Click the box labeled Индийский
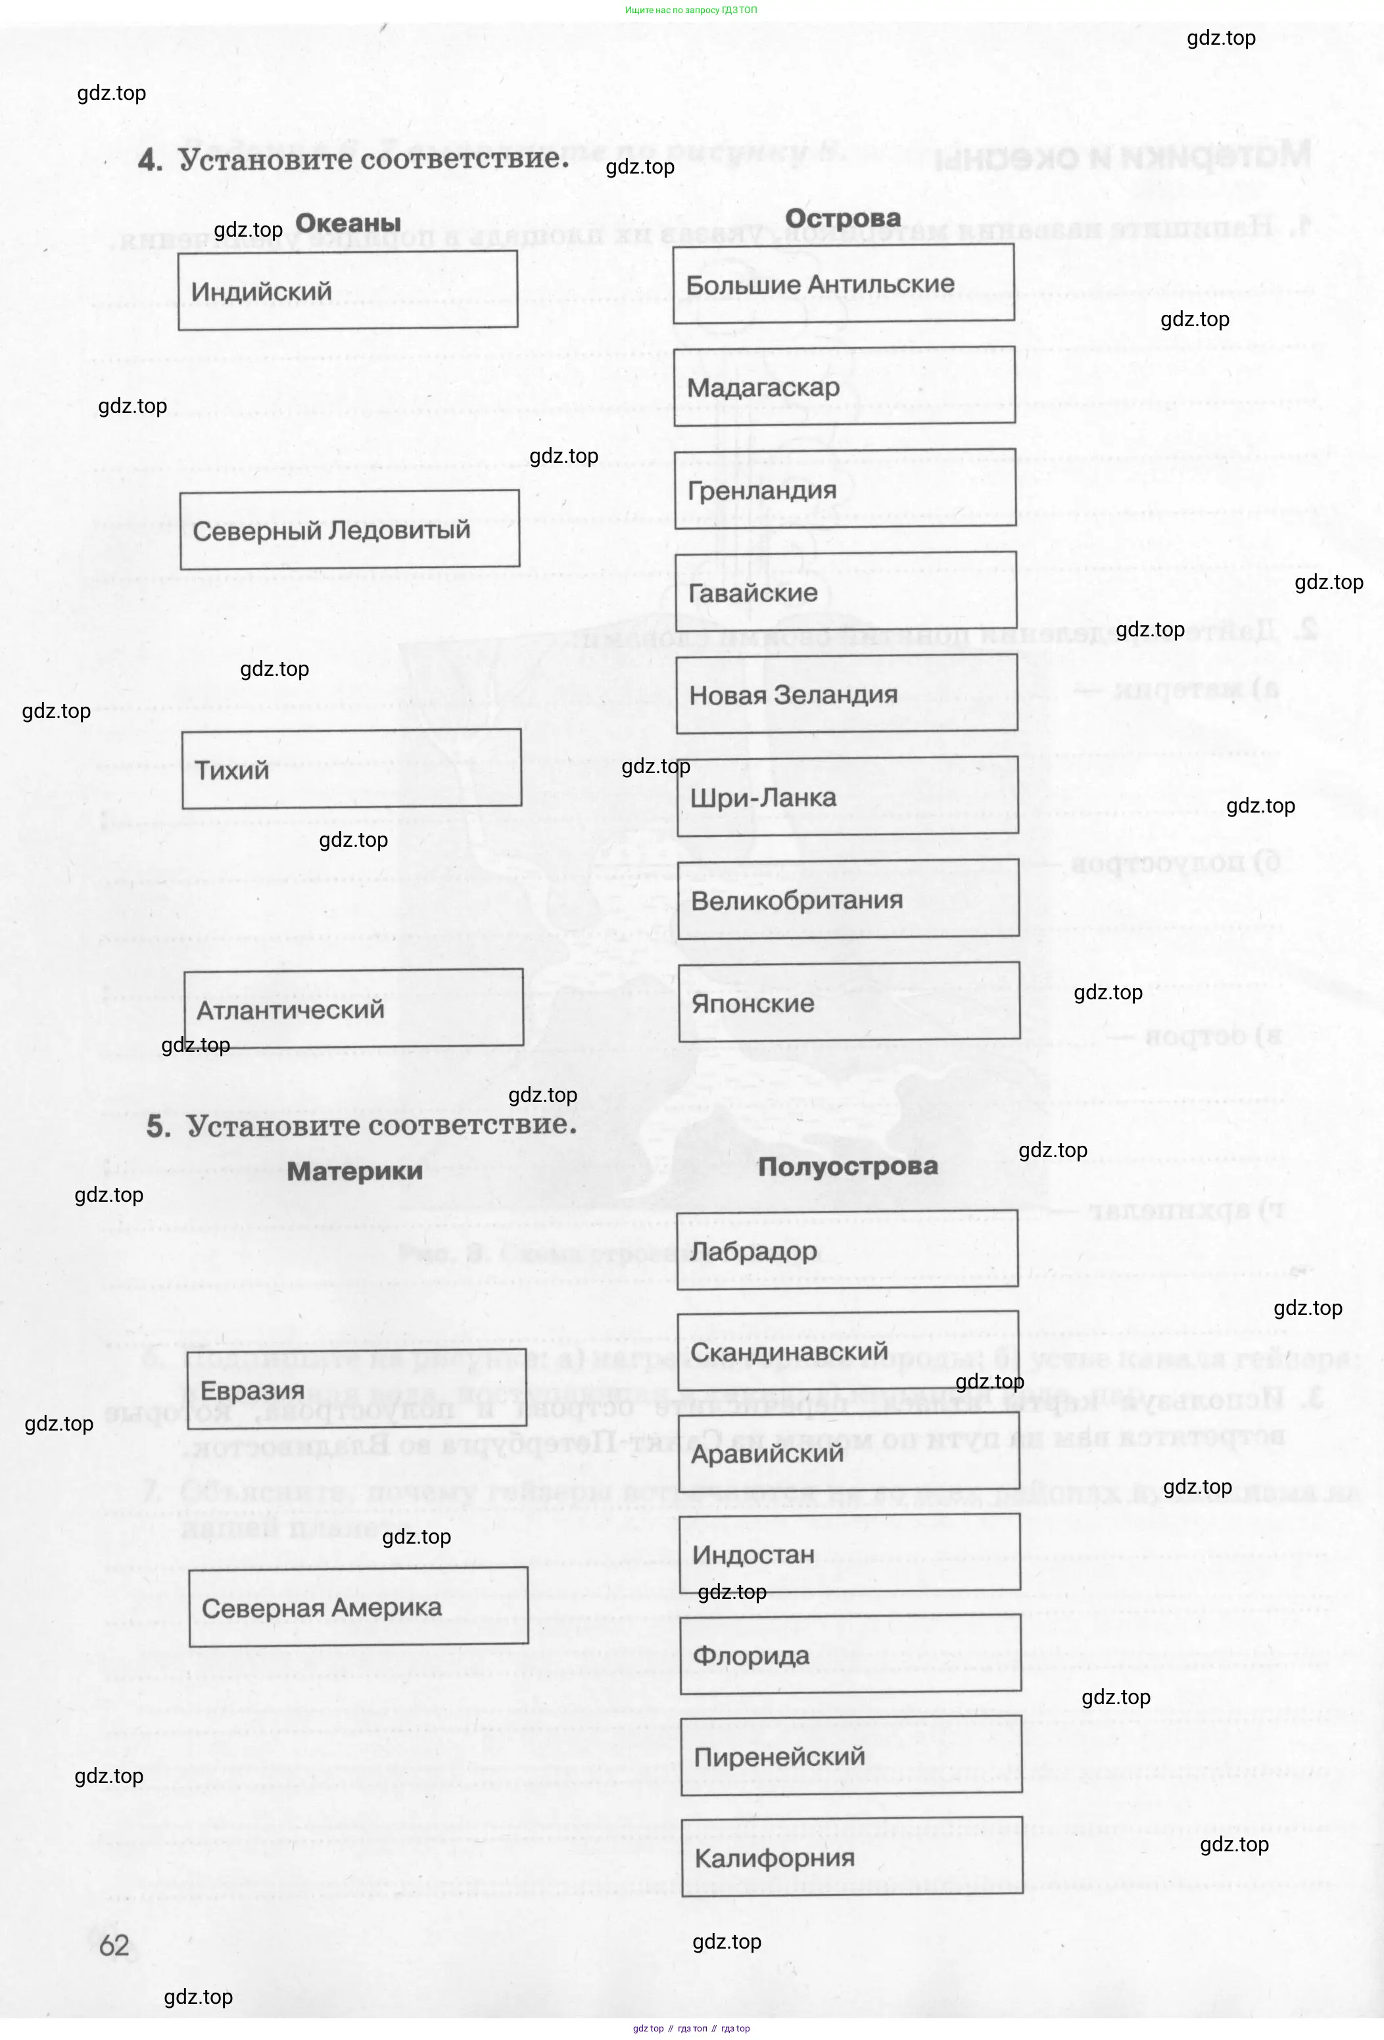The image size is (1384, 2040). pyautogui.click(x=348, y=291)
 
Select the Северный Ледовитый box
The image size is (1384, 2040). pyautogui.click(x=349, y=530)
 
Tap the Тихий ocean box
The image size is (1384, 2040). pyautogui.click(x=351, y=769)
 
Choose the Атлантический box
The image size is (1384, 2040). pyautogui.click(x=354, y=1008)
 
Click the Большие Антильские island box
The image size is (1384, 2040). pyautogui.click(x=844, y=283)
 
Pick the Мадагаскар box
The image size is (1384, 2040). pyautogui.click(x=844, y=386)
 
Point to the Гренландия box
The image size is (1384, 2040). pyautogui.click(x=845, y=489)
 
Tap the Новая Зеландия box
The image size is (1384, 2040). pyautogui.click(x=847, y=694)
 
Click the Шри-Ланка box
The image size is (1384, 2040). pyautogui.click(x=847, y=797)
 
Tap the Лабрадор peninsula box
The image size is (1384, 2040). pyautogui.click(x=847, y=1250)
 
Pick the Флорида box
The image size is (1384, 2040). pyautogui.click(x=850, y=1655)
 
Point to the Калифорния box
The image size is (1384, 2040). pyautogui.click(x=852, y=1857)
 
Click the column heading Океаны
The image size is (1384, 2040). pyautogui.click(x=348, y=223)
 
